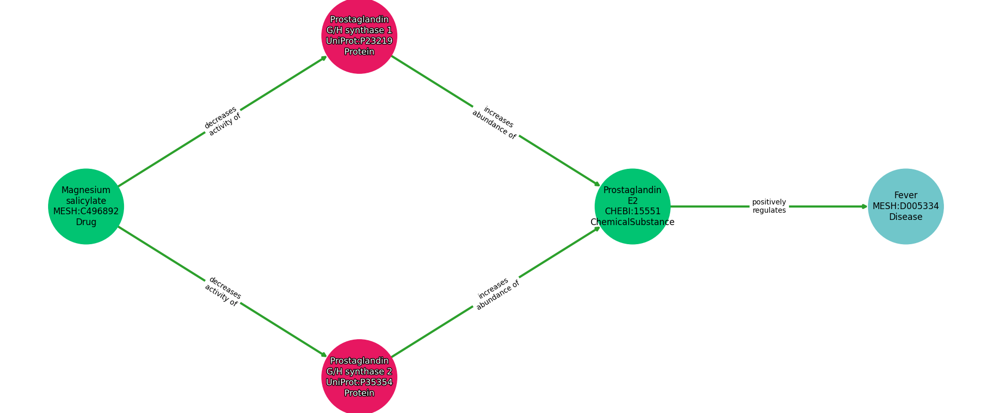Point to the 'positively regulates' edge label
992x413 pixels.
tap(769, 206)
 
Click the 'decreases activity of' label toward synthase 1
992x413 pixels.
tap(223, 121)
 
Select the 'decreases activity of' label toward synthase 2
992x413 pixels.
tap(223, 292)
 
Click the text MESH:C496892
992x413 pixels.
tap(86, 211)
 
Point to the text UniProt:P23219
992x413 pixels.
tap(359, 41)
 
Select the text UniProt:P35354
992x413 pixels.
tap(359, 382)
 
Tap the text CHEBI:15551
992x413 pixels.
tap(632, 212)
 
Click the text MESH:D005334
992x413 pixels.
tap(905, 206)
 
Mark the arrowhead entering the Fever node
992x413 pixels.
tap(865, 206)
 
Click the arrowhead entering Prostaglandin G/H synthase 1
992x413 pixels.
tap(324, 57)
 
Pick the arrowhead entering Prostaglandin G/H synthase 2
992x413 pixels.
tap(324, 355)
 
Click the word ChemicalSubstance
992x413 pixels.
tap(632, 223)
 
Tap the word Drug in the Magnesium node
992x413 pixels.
tap(86, 223)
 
